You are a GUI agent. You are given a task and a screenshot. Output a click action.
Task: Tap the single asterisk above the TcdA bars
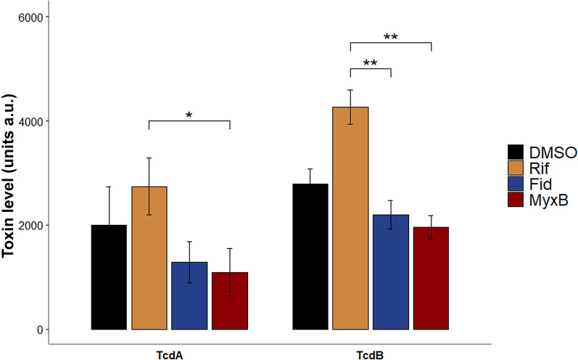(x=189, y=115)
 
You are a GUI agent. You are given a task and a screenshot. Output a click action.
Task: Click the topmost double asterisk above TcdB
(x=391, y=37)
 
